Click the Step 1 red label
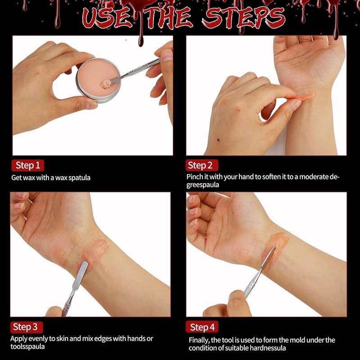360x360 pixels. [x=28, y=166]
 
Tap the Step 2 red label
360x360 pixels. [x=202, y=165]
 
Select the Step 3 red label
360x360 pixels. [x=27, y=327]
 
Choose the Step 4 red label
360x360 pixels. [x=202, y=327]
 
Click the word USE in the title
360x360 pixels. [x=107, y=18]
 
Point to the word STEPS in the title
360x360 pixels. [x=243, y=18]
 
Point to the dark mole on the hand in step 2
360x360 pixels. [x=218, y=140]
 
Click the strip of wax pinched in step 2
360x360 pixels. [x=303, y=97]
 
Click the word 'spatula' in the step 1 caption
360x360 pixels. [x=80, y=178]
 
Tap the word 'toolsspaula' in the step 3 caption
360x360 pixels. [x=27, y=346]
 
